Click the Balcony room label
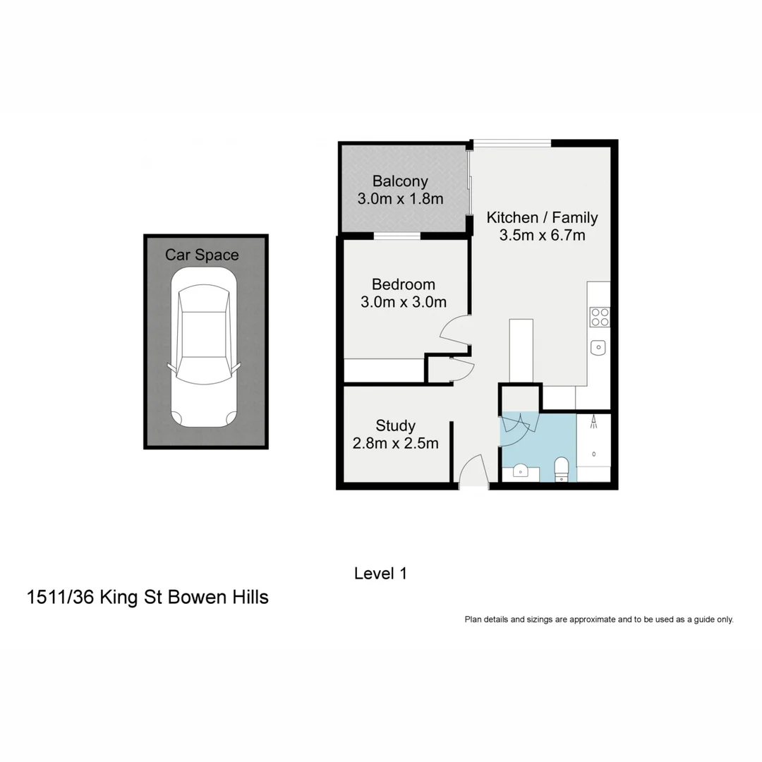(400, 181)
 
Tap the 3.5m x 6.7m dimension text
(542, 236)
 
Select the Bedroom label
(403, 284)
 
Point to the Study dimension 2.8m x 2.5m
(395, 444)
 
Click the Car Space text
(202, 255)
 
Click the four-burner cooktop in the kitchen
(600, 317)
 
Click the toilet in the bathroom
(562, 468)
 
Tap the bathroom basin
(521, 471)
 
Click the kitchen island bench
(521, 351)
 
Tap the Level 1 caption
(380, 574)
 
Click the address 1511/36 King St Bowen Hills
(147, 598)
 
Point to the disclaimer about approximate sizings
(598, 619)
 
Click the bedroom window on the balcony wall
(397, 236)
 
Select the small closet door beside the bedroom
(460, 370)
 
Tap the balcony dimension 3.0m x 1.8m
(400, 199)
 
